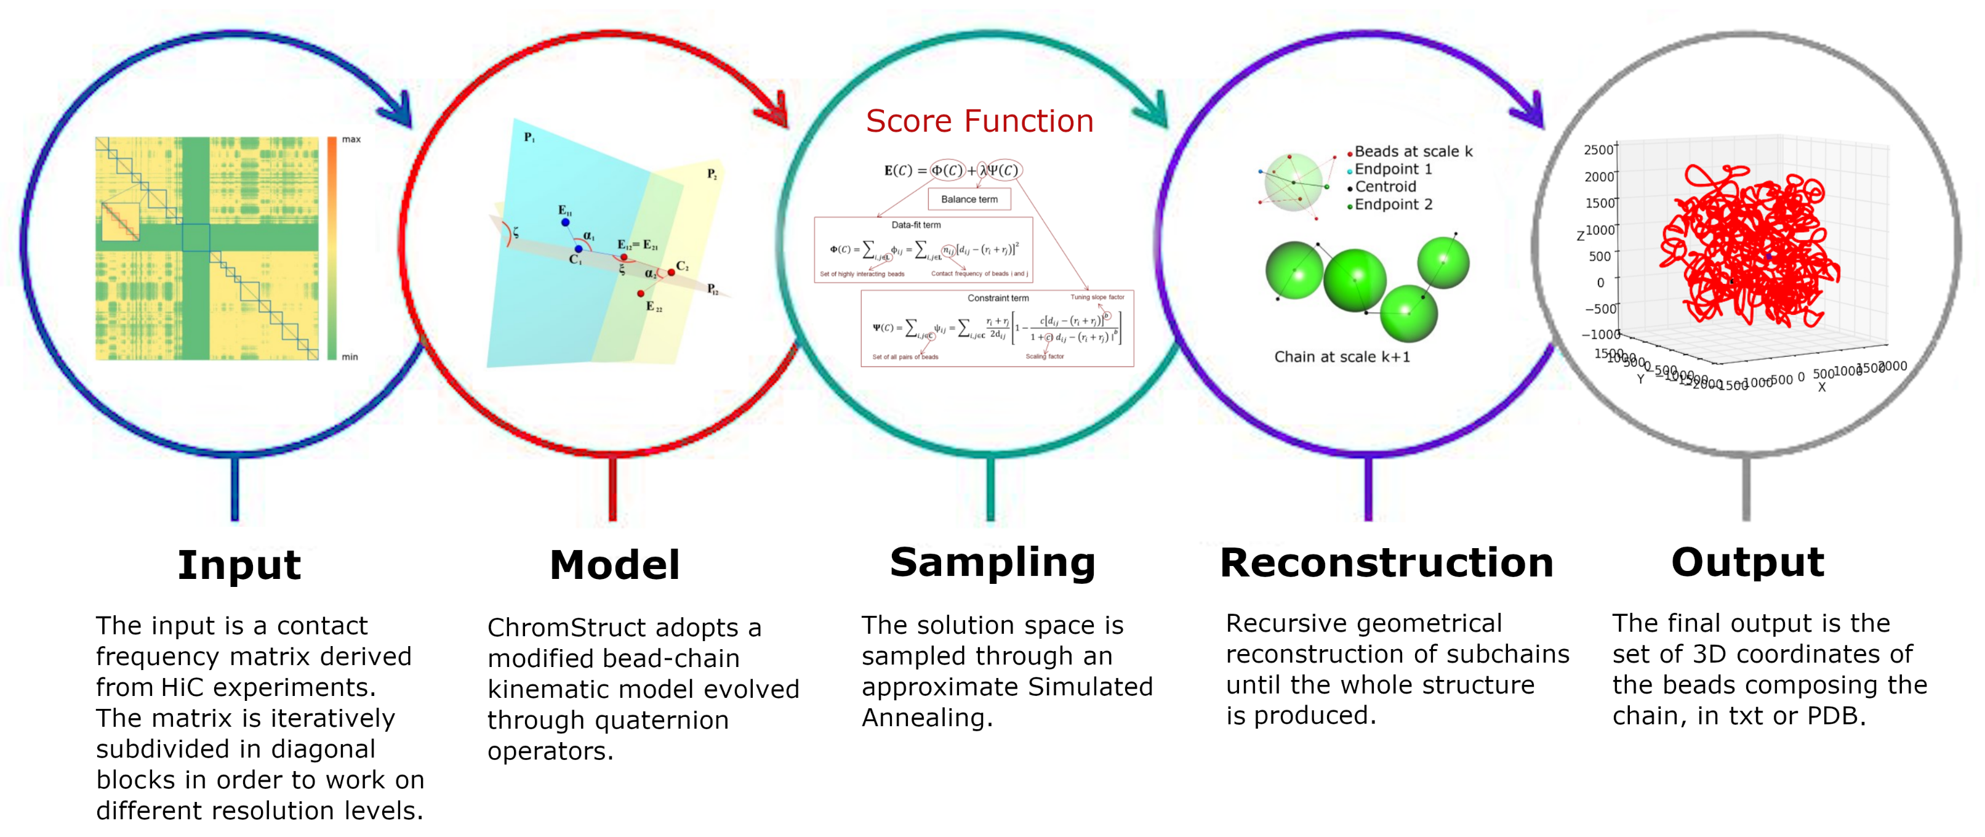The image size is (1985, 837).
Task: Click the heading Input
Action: click(x=239, y=565)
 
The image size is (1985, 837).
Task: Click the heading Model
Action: click(x=614, y=565)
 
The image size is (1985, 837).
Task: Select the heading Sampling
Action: click(x=992, y=563)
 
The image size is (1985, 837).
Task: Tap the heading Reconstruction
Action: click(x=1386, y=563)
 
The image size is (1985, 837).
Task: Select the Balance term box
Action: click(x=969, y=199)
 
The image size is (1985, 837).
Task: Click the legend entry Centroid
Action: click(x=1385, y=187)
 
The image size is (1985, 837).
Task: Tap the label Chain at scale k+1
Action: click(x=1342, y=357)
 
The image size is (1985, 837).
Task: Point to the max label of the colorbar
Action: click(x=351, y=139)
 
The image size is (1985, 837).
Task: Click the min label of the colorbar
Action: click(x=350, y=357)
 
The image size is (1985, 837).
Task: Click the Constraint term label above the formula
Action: click(x=997, y=298)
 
